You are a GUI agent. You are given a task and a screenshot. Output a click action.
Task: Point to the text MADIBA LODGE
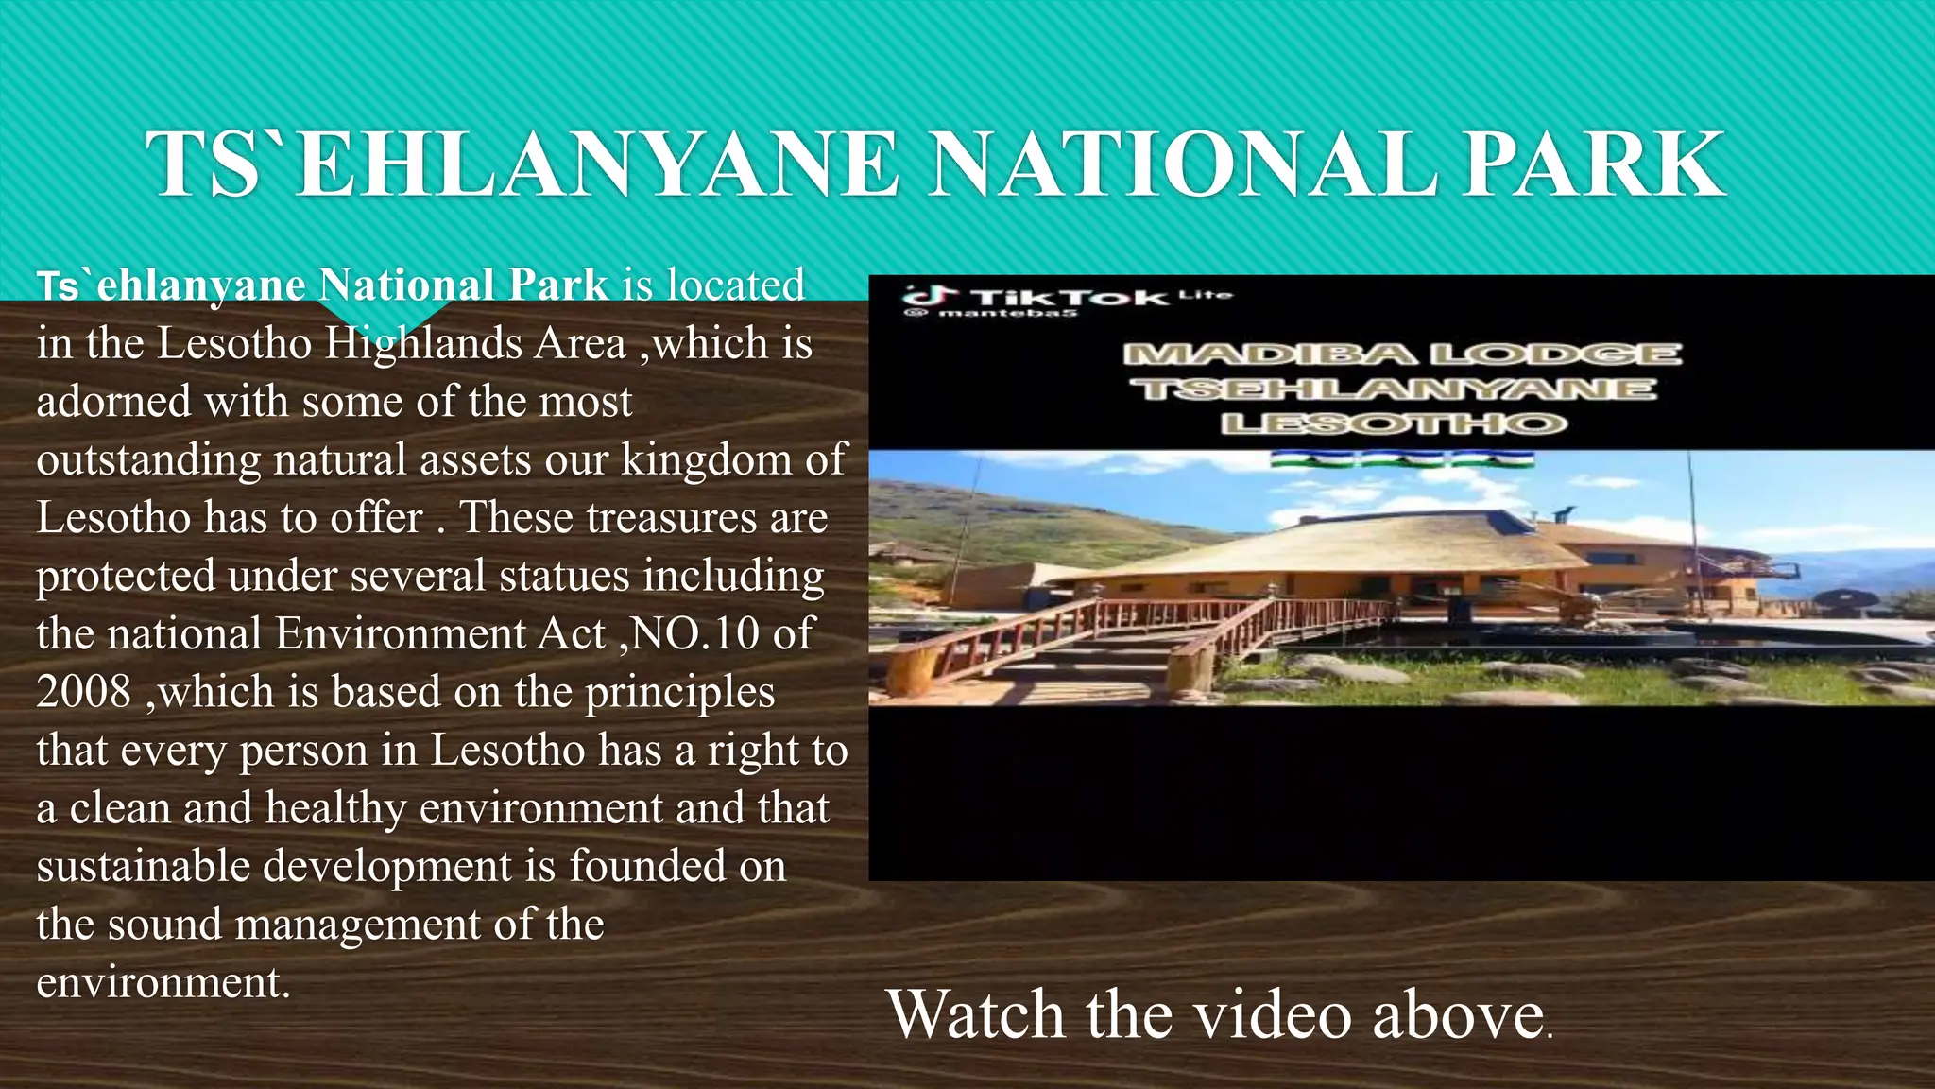pyautogui.click(x=1401, y=354)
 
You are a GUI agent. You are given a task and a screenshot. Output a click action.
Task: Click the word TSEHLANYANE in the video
pyautogui.click(x=1398, y=389)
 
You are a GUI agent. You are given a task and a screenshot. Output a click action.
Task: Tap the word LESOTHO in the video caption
pyautogui.click(x=1395, y=423)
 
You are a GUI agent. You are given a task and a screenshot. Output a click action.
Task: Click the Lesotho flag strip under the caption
pyautogui.click(x=1401, y=460)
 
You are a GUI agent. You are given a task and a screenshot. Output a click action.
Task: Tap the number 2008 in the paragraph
pyautogui.click(x=84, y=692)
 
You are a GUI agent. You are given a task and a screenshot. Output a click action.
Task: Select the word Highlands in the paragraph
pyautogui.click(x=424, y=343)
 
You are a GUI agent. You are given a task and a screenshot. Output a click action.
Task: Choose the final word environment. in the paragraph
pyautogui.click(x=163, y=983)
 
